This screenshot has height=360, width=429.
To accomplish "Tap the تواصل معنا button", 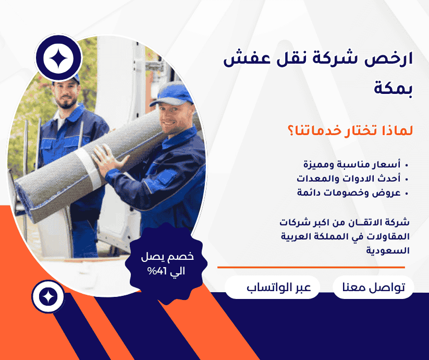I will pos(373,287).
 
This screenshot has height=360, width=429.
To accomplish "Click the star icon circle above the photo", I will pos(57,59).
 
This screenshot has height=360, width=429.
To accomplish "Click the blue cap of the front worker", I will pos(174,94).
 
